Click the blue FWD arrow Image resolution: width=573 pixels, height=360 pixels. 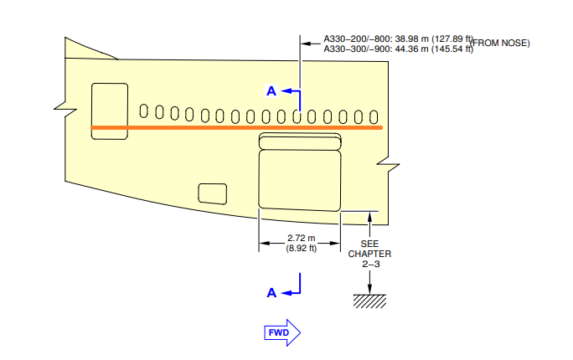282,332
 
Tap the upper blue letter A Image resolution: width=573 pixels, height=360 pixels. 271,91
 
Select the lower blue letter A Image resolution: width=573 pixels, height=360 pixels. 271,292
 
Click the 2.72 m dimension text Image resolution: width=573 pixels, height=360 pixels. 301,238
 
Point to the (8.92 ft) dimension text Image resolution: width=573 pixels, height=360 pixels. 301,249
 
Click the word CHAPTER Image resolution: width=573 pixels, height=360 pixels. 369,254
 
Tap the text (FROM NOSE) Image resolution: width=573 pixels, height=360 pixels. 499,43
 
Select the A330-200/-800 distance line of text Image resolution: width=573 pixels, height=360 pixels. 398,39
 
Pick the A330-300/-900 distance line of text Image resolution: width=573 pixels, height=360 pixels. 398,49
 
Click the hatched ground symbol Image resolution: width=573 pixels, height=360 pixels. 369,301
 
